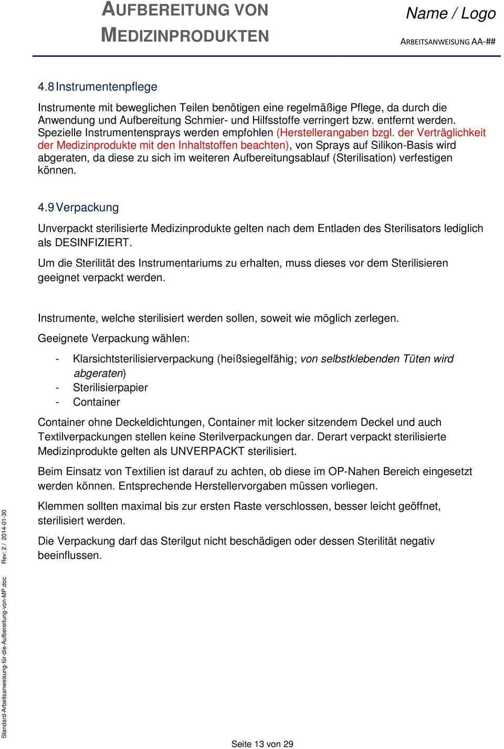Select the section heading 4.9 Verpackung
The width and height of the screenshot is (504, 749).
coord(79,207)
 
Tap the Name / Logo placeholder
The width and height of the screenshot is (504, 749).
coord(450,14)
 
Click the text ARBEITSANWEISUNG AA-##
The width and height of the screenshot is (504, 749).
coord(448,42)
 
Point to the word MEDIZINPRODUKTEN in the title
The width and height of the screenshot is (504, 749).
coord(185,35)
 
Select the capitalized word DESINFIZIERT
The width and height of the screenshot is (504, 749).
coord(93,242)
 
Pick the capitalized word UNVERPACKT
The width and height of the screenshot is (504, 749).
coord(207,451)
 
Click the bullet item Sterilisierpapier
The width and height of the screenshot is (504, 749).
coord(110,387)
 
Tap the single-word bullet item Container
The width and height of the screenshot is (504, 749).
coord(97,402)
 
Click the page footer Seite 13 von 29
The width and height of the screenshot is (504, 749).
coord(262,744)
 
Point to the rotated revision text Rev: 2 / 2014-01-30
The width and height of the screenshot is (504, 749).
coord(5,536)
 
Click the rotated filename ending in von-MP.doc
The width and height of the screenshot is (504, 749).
coord(5,656)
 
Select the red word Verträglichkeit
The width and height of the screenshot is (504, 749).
coord(452,133)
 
